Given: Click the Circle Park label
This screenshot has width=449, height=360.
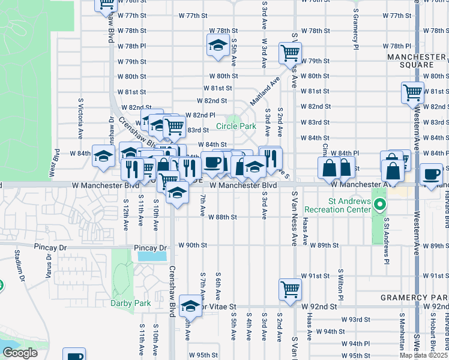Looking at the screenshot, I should pos(236,127).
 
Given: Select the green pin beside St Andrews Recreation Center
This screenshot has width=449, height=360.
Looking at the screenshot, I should pos(379,206).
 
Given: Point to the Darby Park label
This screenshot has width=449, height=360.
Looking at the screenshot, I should pos(130,303).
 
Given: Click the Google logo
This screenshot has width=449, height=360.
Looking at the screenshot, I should pos(19,353).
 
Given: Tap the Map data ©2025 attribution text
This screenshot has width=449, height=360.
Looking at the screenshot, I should pos(423,355).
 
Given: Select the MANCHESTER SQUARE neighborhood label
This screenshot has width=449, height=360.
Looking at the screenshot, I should pos(418,61).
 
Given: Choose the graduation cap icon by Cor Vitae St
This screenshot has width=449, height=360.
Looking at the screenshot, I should pos(191,307).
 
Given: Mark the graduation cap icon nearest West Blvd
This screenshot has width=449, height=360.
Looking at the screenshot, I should pos(103,156).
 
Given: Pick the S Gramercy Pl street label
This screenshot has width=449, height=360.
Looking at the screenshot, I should pos(355,30).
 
